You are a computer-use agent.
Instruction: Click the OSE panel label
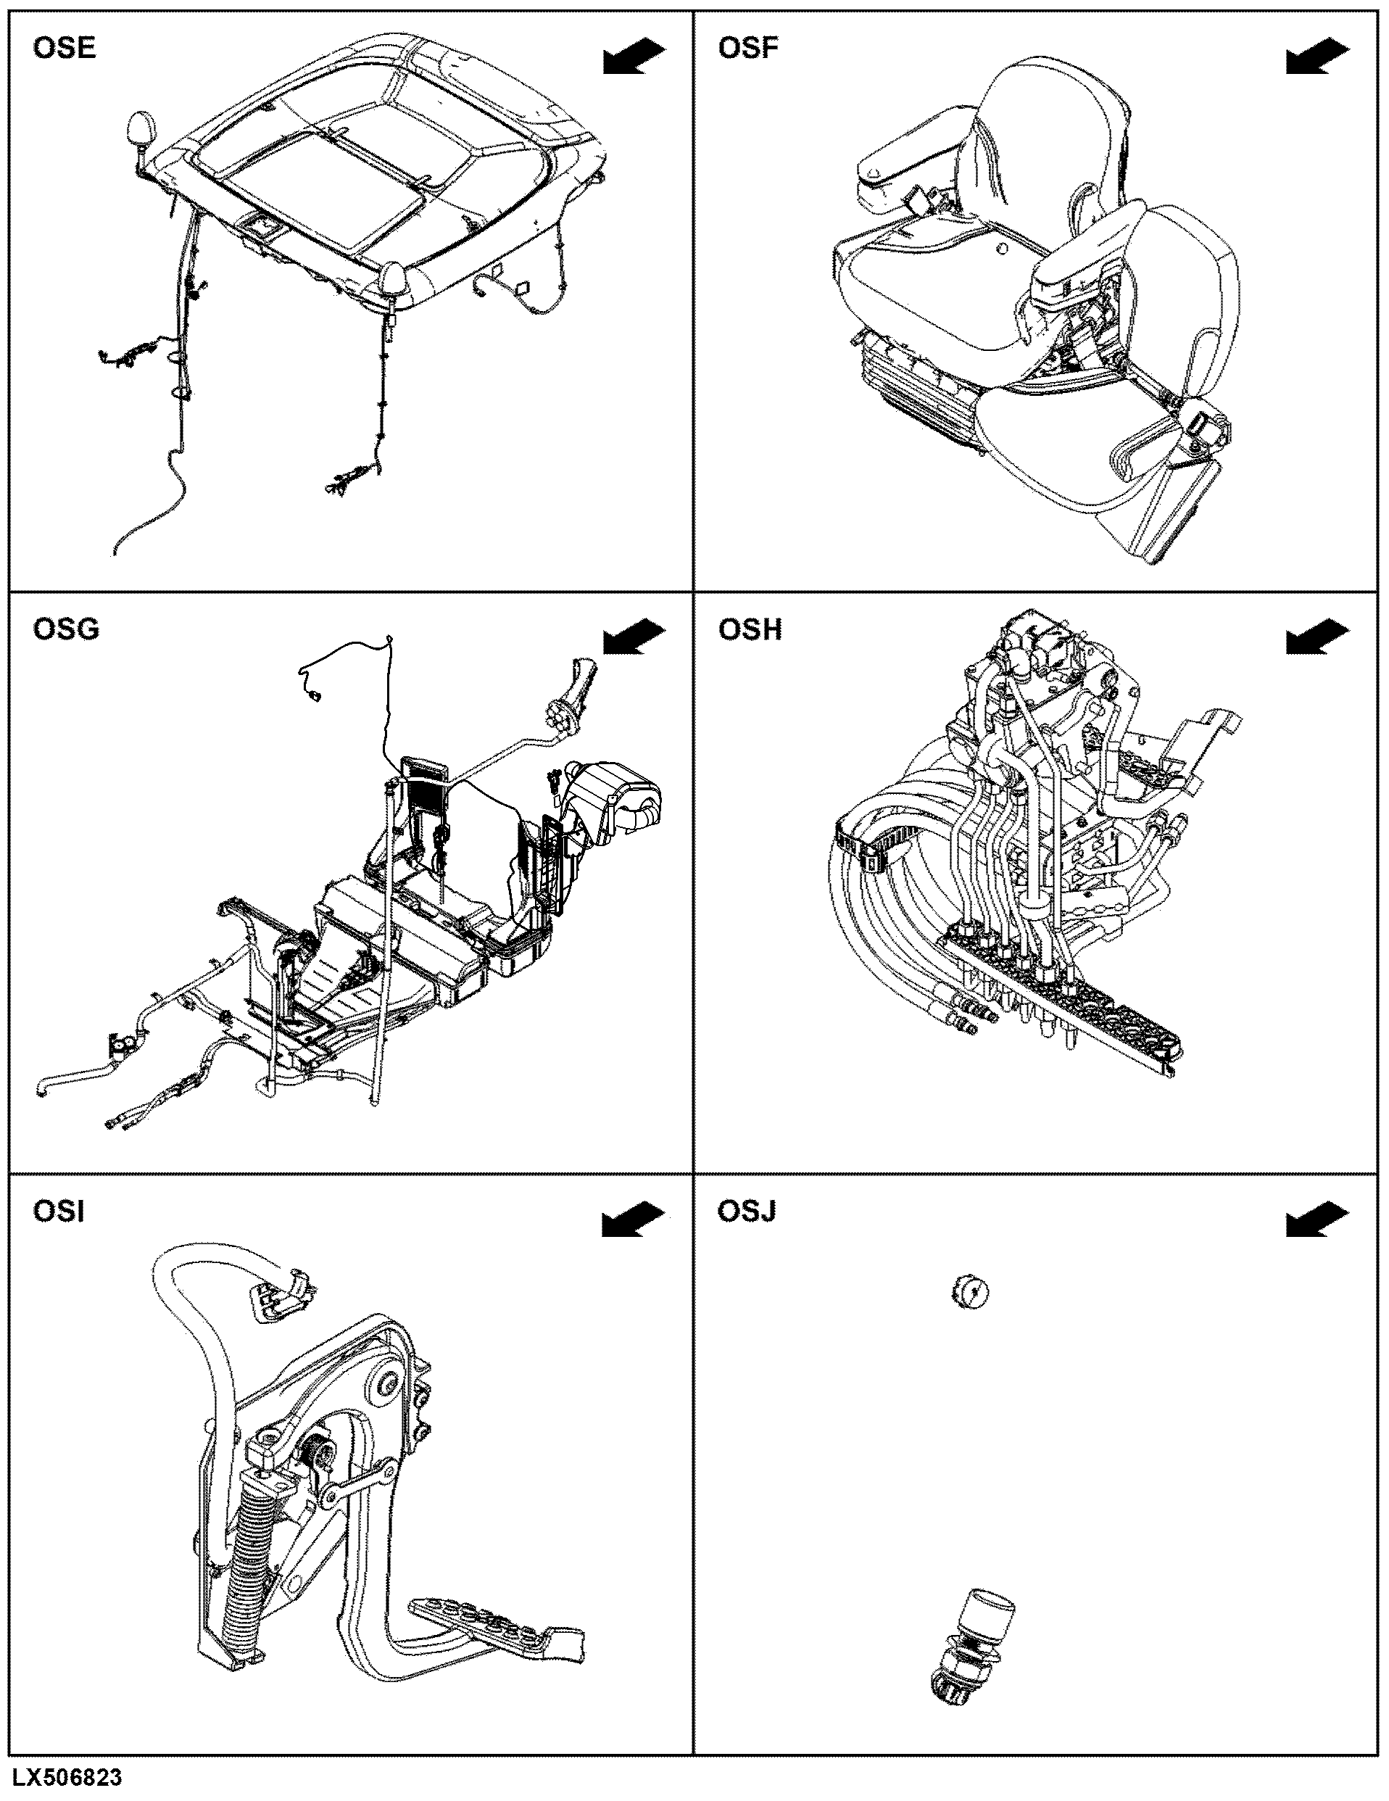click(65, 48)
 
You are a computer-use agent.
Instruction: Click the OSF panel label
click(747, 48)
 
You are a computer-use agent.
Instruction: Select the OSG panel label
click(66, 629)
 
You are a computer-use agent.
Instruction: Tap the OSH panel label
click(750, 629)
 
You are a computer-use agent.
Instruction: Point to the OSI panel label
click(59, 1212)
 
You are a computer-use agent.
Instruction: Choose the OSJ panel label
click(746, 1212)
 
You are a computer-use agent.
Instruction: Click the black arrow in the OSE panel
click(634, 56)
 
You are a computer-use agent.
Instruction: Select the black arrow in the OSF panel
click(1317, 56)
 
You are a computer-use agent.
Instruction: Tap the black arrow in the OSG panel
click(634, 637)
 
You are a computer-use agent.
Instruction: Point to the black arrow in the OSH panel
click(1317, 637)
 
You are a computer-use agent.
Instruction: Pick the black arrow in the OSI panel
click(634, 1220)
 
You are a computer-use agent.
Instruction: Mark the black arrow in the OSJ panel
click(1317, 1220)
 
